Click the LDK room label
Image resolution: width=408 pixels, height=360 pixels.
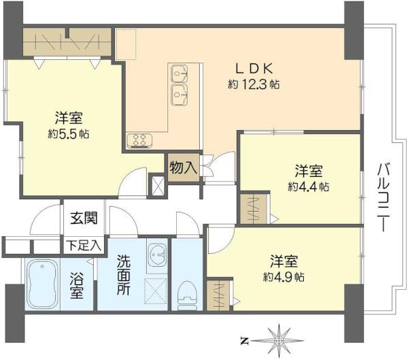point(254,69)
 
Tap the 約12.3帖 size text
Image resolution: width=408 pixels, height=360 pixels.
point(254,84)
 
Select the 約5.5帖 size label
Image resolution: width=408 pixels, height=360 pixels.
point(69,134)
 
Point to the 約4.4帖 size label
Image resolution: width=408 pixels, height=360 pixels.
point(308,186)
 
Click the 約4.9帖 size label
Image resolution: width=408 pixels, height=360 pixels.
point(284,277)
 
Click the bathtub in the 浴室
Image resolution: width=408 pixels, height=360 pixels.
point(42,284)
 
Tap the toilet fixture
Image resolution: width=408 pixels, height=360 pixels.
point(187,295)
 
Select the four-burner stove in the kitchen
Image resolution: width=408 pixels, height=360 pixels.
point(139,141)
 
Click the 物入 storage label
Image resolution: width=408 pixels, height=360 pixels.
point(183,167)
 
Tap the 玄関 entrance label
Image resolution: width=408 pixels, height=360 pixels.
point(84,218)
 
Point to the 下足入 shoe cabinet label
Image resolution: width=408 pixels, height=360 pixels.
point(83,245)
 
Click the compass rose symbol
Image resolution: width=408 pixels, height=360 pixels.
point(279,340)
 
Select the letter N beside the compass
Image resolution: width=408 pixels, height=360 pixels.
point(244,341)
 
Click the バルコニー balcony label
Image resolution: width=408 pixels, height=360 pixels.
point(382,197)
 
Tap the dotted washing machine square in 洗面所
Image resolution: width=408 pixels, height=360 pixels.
point(155,291)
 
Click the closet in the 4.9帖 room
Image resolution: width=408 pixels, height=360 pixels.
point(218,295)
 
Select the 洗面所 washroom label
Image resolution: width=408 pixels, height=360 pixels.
point(123,275)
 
